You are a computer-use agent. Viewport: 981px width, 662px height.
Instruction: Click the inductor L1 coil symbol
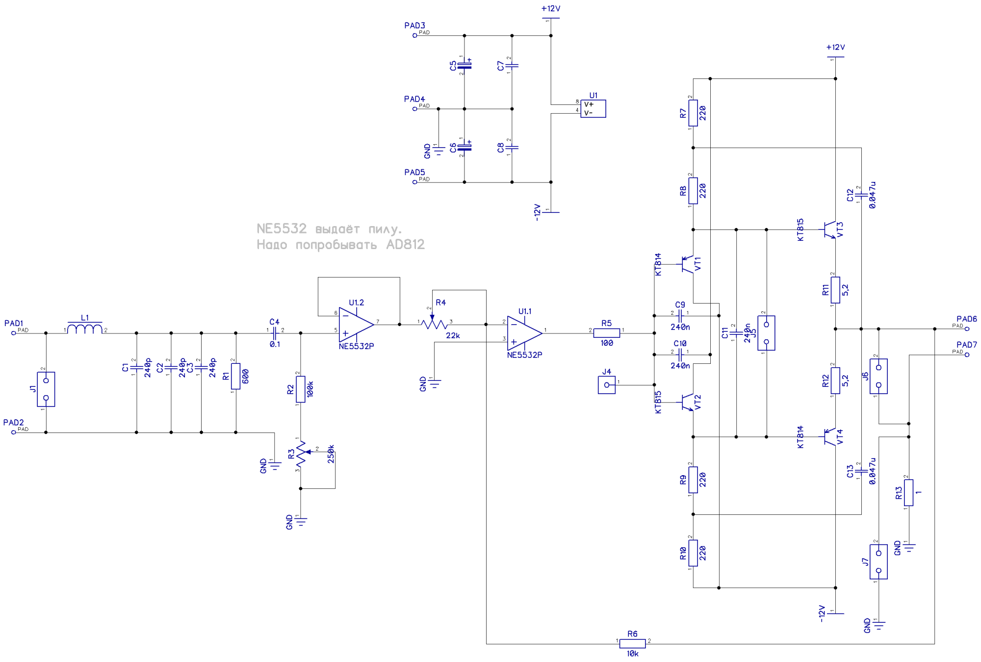[x=85, y=329]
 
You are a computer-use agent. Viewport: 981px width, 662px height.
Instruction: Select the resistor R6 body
[x=632, y=643]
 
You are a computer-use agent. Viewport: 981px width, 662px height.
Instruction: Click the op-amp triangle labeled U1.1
[x=524, y=333]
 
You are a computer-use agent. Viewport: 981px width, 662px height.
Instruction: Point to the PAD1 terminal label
[x=14, y=323]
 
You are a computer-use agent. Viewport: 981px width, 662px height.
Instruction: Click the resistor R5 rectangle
[x=606, y=333]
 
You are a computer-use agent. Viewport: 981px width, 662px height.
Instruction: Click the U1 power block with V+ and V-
[x=593, y=108]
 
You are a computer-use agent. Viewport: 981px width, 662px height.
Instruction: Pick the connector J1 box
[x=46, y=389]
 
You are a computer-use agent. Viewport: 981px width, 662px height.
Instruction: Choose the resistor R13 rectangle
[x=908, y=492]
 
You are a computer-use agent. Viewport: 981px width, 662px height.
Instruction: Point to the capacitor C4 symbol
[x=275, y=333]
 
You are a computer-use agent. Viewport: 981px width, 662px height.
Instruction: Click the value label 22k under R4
[x=453, y=336]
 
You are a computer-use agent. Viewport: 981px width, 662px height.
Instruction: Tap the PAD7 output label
[x=966, y=345]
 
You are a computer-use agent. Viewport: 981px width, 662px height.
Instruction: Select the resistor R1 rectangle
[x=236, y=376]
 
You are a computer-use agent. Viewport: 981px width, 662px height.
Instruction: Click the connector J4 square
[x=606, y=385]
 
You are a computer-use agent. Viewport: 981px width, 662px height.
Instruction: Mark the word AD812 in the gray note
[x=405, y=245]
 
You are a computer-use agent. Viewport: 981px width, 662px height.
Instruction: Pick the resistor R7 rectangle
[x=693, y=113]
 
